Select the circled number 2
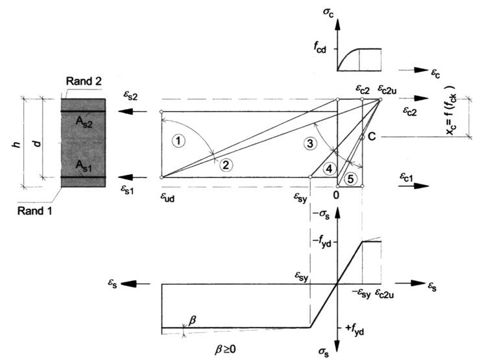pyautogui.click(x=225, y=164)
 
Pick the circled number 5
pyautogui.click(x=351, y=179)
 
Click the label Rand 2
pyautogui.click(x=82, y=80)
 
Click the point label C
pyautogui.click(x=372, y=137)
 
